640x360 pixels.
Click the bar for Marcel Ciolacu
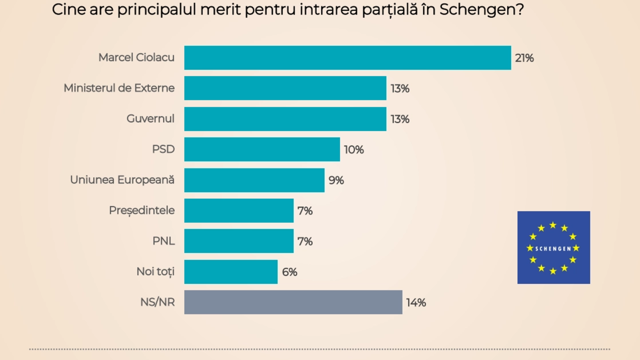(347, 58)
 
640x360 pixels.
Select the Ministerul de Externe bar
(285, 88)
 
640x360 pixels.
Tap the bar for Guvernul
(285, 119)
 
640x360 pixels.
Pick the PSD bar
(262, 149)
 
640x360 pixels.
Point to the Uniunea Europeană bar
(254, 180)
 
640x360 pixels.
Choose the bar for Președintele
(239, 210)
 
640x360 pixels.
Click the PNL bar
(239, 241)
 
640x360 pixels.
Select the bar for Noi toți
(231, 272)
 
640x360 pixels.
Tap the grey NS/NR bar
(293, 302)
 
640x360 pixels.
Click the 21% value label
(524, 58)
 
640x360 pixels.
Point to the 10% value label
(354, 150)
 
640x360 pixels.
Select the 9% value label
(336, 180)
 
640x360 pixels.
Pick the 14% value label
(416, 303)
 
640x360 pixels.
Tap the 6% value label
(289, 272)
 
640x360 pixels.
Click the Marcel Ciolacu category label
(136, 58)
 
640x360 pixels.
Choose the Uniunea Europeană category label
(122, 180)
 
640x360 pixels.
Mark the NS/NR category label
(157, 302)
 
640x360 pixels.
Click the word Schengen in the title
(481, 10)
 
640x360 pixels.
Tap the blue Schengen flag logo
(554, 232)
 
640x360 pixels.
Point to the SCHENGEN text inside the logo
(553, 249)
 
